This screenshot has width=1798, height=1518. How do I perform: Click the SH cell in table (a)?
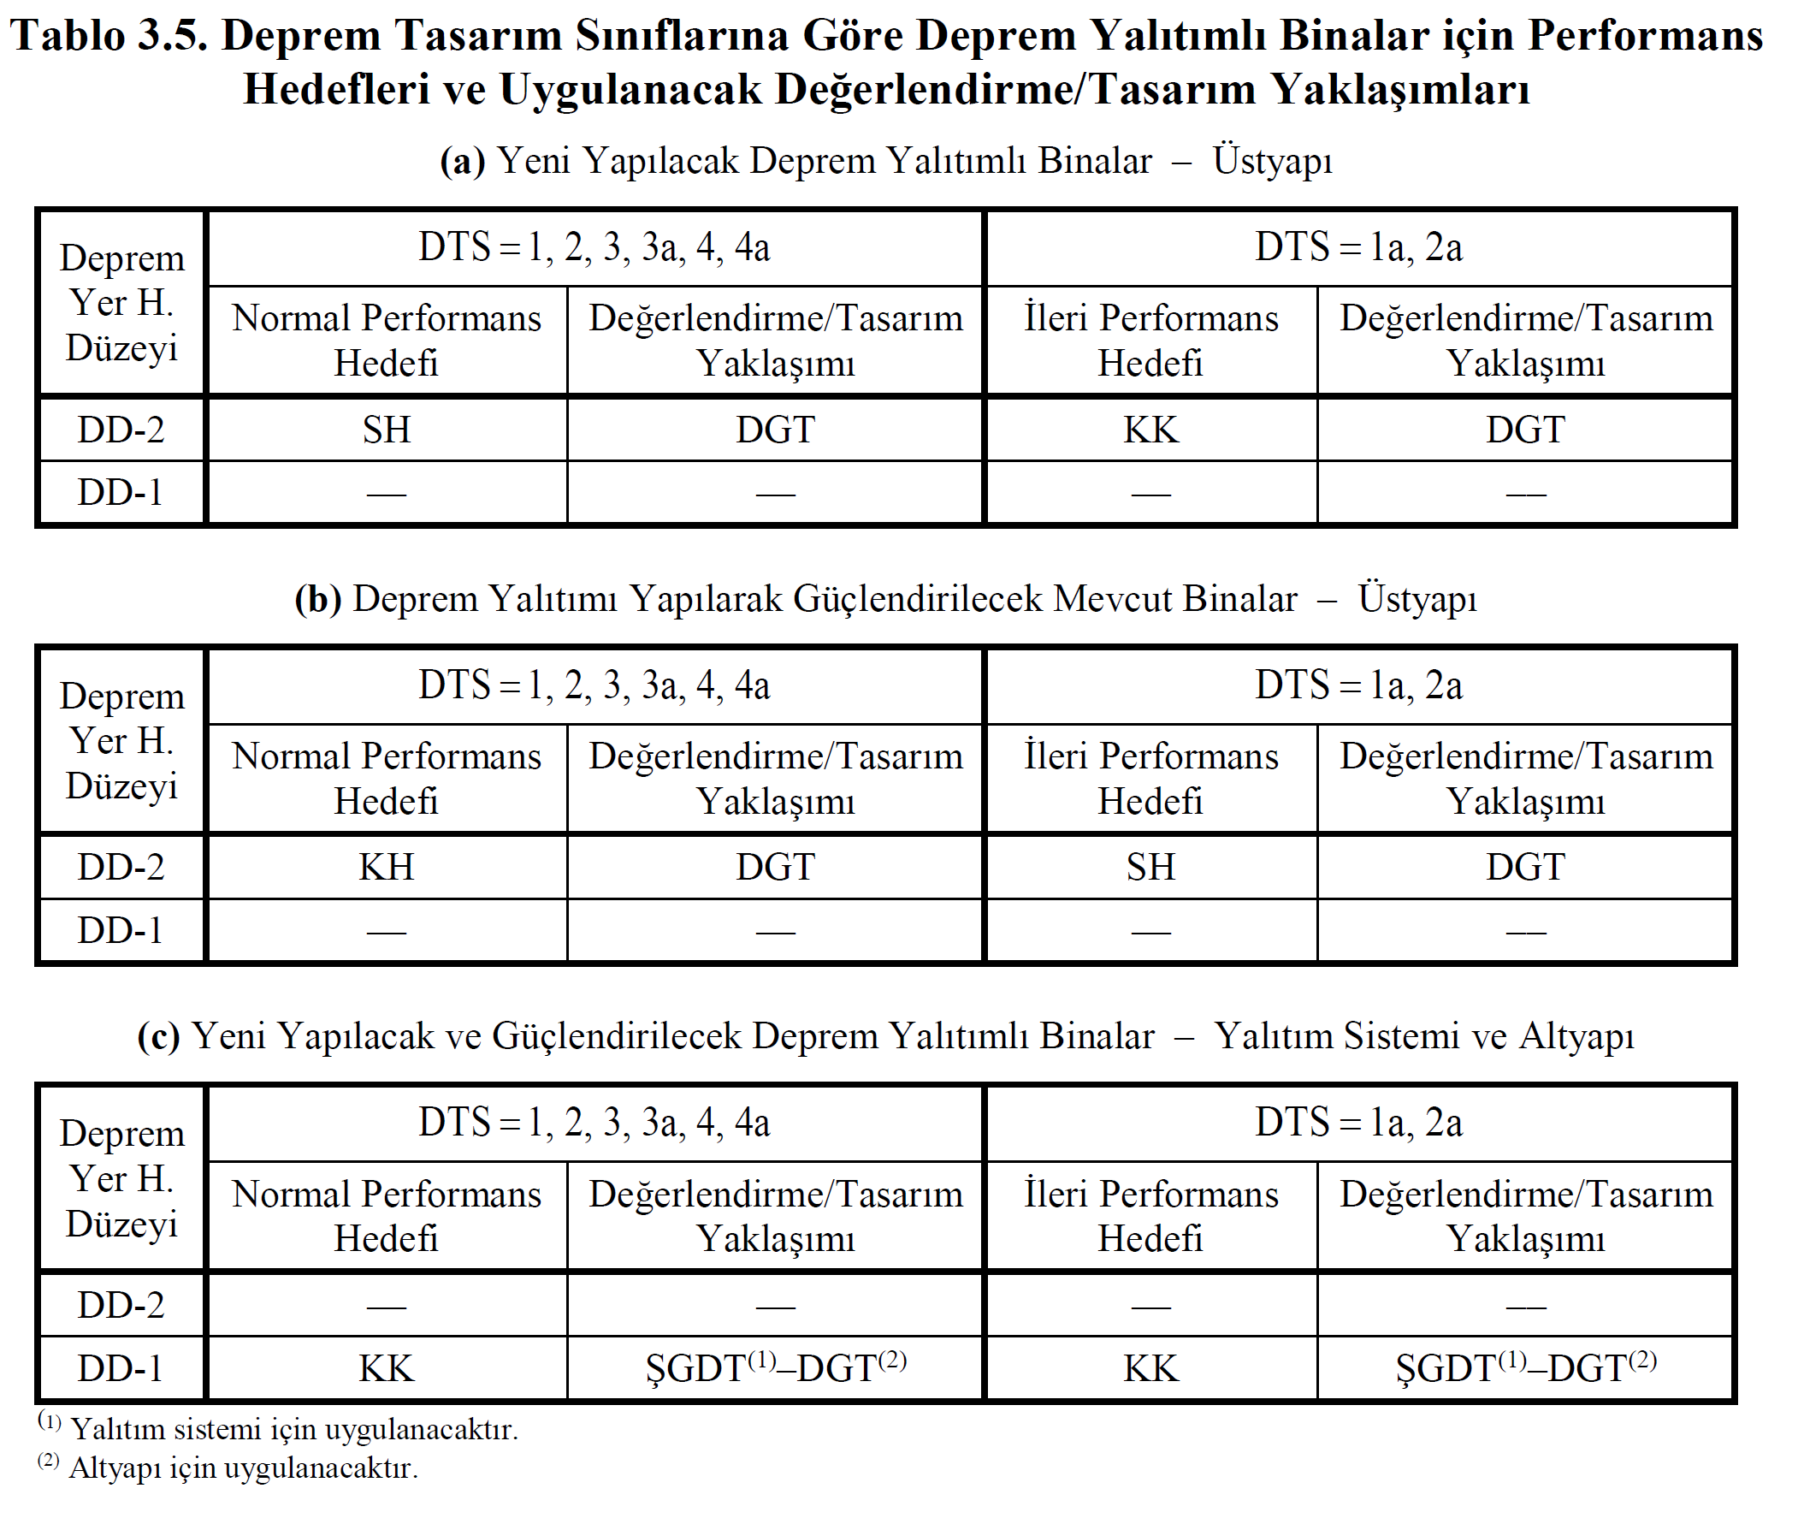click(387, 430)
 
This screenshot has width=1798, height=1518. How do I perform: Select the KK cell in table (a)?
click(1150, 430)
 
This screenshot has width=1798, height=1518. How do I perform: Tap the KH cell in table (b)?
click(387, 867)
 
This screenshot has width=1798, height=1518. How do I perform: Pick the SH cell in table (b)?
click(1150, 867)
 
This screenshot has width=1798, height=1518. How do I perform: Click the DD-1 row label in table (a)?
click(121, 492)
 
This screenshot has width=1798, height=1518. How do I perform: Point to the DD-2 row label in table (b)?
click(121, 867)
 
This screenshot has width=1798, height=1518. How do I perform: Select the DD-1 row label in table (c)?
click(121, 1368)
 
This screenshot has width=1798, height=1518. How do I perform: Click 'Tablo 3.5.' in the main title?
click(109, 36)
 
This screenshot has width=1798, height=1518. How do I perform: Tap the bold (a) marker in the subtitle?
click(462, 161)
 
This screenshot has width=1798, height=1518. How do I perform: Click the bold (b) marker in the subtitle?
click(317, 599)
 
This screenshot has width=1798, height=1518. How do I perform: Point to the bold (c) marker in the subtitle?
click(158, 1036)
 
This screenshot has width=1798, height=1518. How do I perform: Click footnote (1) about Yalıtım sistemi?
click(277, 1428)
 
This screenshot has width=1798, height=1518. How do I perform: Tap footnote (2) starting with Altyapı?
click(228, 1468)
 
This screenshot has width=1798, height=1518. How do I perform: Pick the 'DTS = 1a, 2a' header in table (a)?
click(1357, 247)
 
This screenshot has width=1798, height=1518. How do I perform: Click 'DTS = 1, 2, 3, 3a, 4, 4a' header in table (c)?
click(594, 1123)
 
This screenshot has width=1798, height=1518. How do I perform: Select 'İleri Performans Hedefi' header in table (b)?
click(1150, 778)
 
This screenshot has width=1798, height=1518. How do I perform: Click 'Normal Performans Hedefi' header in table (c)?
click(387, 1216)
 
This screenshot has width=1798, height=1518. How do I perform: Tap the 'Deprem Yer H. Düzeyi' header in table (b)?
click(121, 740)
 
